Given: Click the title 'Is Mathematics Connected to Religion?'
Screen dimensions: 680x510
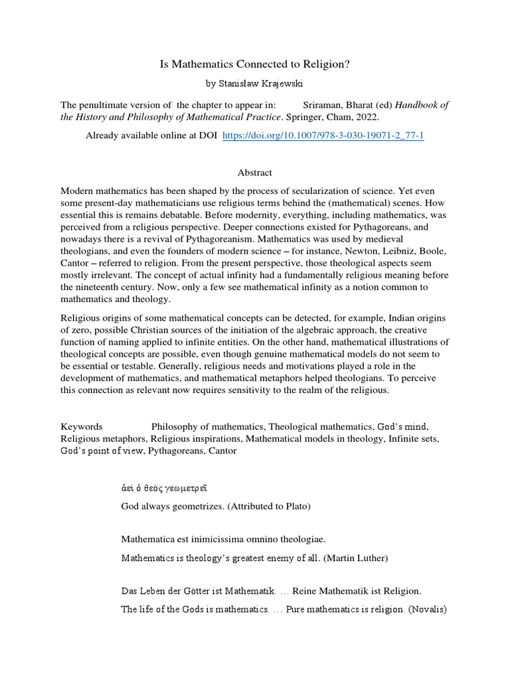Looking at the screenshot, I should pyautogui.click(x=254, y=64).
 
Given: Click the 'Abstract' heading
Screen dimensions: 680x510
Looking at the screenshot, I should pyautogui.click(x=255, y=172).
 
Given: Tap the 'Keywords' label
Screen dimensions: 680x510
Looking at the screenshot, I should pyautogui.click(x=82, y=426).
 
